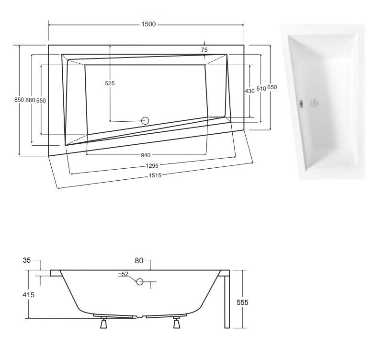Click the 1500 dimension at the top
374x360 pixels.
coord(148,25)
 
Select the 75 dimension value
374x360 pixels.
coord(204,50)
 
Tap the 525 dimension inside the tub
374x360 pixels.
coord(110,83)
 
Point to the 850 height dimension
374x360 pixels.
coord(19,100)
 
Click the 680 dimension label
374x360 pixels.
coord(30,100)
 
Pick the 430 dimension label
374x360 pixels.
coord(249,91)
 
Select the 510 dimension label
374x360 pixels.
coord(261,89)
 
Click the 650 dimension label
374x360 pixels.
coord(272,87)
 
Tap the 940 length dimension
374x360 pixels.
coord(146,155)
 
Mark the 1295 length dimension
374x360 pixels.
coord(153,165)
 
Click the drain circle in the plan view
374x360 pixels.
coord(147,120)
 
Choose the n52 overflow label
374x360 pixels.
coord(124,275)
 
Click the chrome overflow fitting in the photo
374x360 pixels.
coord(303,103)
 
